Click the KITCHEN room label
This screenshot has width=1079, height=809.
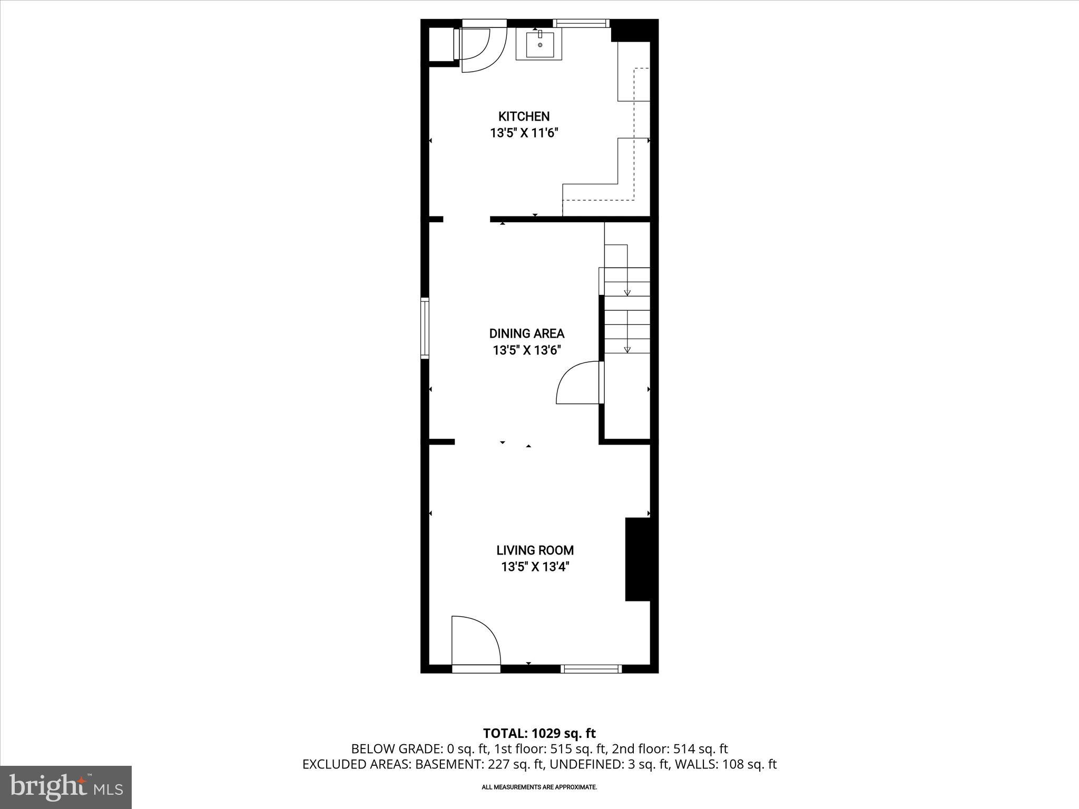[524, 116]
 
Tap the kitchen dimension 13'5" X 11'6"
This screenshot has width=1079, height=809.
[524, 133]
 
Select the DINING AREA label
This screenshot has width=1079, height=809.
[526, 333]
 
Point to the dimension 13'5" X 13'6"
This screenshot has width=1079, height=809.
[526, 350]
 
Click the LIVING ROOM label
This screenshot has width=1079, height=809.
[535, 550]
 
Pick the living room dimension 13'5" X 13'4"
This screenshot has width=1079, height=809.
[535, 567]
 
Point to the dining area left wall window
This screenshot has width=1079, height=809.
[425, 328]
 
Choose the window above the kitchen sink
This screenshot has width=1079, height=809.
[581, 23]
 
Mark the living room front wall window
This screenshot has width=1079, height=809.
[591, 669]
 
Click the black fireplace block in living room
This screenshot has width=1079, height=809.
[637, 559]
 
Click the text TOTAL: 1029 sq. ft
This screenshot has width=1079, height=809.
[539, 733]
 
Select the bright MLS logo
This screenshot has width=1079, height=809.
[66, 787]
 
